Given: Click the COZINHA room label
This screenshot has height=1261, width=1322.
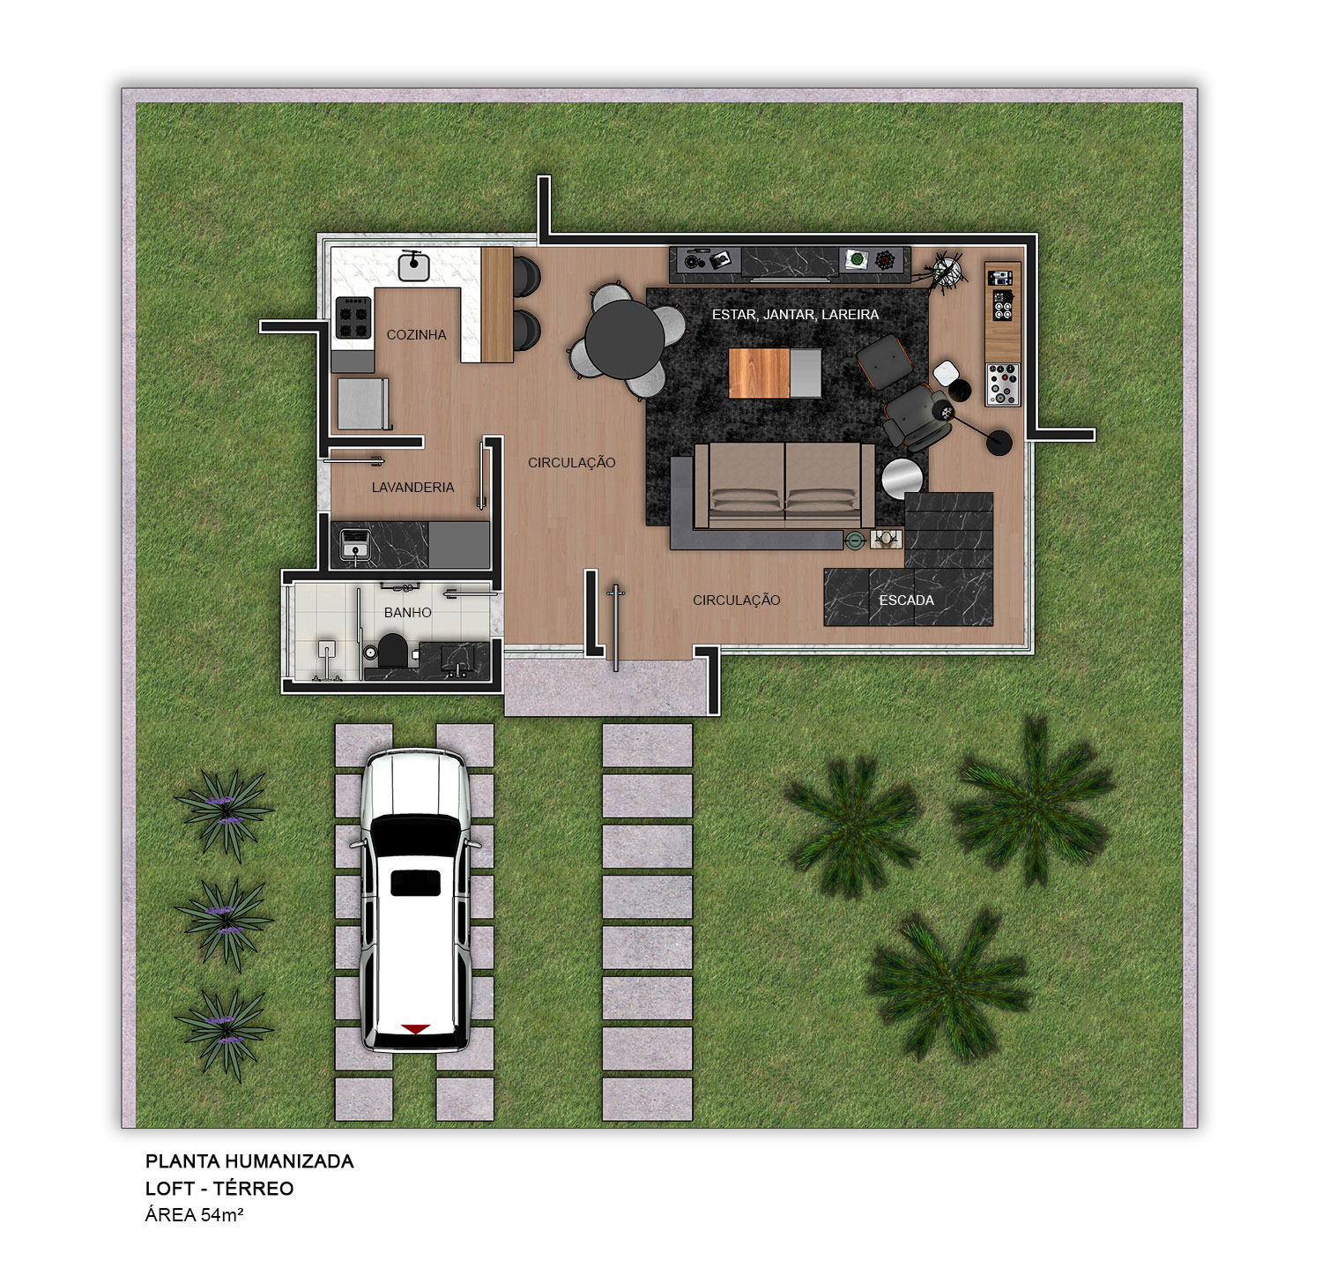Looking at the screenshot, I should (x=416, y=335).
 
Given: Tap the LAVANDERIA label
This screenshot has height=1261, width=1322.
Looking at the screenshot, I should (x=412, y=488).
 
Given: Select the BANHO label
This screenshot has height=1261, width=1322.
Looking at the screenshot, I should (x=407, y=613).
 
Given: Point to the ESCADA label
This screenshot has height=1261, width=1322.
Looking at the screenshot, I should (x=906, y=601).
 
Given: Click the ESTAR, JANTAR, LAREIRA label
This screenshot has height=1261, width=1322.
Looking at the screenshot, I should (x=795, y=315).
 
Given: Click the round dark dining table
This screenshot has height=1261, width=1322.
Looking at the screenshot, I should (x=625, y=339).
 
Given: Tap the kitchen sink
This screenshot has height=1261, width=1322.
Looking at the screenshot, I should (x=413, y=265).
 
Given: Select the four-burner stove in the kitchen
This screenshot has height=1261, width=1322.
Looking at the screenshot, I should (x=353, y=317).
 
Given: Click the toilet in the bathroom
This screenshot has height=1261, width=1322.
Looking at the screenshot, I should (x=391, y=650).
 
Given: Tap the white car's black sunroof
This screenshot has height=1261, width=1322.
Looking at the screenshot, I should (x=415, y=882).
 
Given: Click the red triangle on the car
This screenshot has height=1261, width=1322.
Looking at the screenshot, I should (x=415, y=1029).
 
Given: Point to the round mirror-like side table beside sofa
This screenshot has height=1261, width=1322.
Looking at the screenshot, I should (x=902, y=479).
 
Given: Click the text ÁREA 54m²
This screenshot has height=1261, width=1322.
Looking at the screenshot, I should (x=194, y=1215).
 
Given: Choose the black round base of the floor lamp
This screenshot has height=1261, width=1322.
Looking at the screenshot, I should (x=999, y=442).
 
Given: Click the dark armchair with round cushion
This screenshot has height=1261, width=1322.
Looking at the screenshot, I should (x=917, y=415).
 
